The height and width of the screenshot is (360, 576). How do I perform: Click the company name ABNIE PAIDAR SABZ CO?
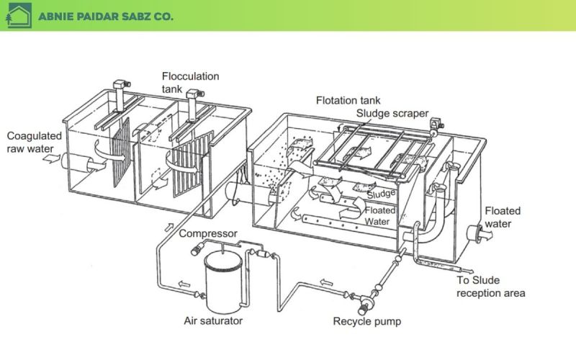pyautogui.click(x=106, y=16)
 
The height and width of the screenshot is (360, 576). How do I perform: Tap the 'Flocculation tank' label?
pyautogui.click(x=190, y=81)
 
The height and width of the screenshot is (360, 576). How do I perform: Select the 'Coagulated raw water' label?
pyautogui.click(x=34, y=142)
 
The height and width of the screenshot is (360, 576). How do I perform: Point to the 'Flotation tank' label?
pyautogui.click(x=348, y=100)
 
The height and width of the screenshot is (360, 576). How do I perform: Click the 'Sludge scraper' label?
pyautogui.click(x=392, y=114)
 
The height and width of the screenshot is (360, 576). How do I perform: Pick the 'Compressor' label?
pyautogui.click(x=207, y=233)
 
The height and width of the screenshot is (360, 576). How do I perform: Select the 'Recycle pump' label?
pyautogui.click(x=367, y=321)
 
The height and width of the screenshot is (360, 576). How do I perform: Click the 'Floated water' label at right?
pyautogui.click(x=503, y=217)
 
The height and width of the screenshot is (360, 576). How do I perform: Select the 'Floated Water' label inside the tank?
pyautogui.click(x=379, y=215)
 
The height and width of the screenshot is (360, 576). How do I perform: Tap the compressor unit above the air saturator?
pyautogui.click(x=196, y=250)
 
